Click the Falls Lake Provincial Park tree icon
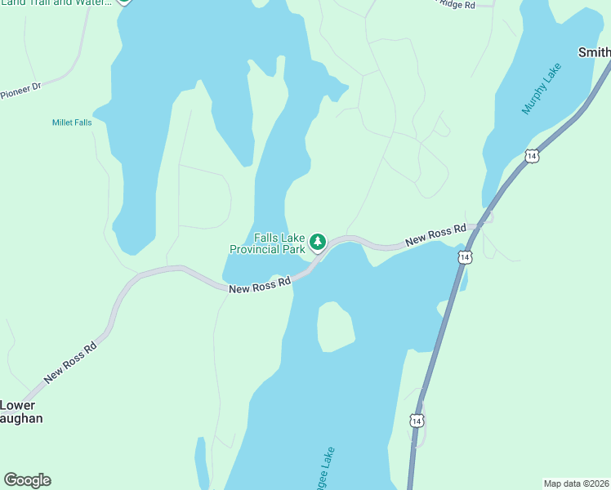(x=318, y=242)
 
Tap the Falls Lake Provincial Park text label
(x=267, y=243)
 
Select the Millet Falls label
(x=72, y=122)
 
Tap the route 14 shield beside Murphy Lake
(x=532, y=155)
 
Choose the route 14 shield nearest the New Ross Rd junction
(x=464, y=257)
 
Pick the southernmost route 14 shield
(x=417, y=421)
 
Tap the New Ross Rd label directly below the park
(x=260, y=284)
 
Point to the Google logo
(x=28, y=480)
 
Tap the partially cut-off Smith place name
(x=594, y=53)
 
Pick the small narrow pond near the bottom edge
(x=201, y=461)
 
